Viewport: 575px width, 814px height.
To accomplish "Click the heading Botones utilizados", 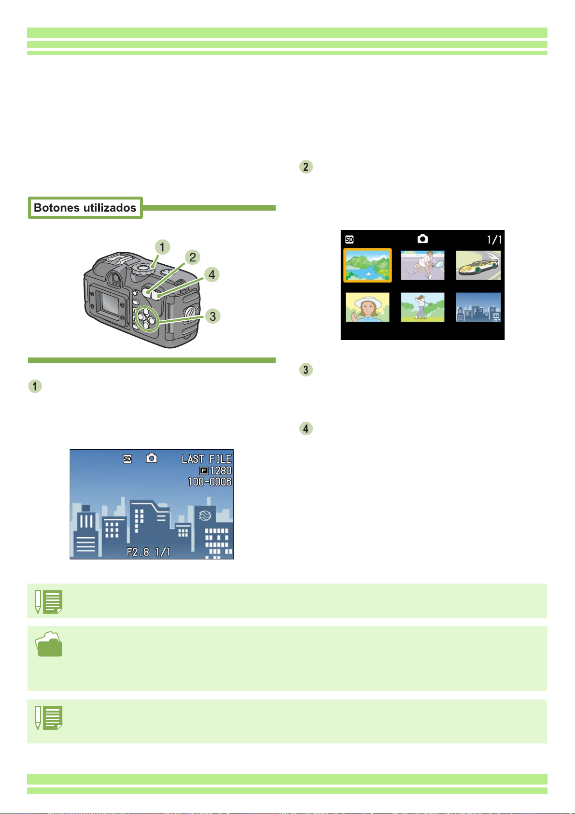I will (x=85, y=208).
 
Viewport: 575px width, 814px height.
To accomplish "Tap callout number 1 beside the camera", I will (x=162, y=247).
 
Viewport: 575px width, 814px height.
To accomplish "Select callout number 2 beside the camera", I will (x=193, y=257).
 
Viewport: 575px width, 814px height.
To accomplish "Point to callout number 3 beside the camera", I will (x=212, y=316).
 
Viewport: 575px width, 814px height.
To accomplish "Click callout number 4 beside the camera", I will (x=211, y=275).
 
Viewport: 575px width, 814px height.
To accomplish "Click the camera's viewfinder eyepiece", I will (x=114, y=278).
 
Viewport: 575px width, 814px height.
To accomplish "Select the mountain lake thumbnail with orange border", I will (x=367, y=265).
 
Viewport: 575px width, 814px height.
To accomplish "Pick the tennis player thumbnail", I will (x=422, y=265).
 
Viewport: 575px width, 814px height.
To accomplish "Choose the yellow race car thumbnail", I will (x=478, y=265).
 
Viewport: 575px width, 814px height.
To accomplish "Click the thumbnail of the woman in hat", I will (x=367, y=307).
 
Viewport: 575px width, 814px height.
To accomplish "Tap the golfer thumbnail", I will (x=422, y=307).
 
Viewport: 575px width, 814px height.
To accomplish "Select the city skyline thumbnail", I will (x=478, y=307).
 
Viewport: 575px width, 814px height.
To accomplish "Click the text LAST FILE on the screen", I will (x=206, y=459).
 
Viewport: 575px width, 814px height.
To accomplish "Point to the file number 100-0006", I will (x=210, y=482).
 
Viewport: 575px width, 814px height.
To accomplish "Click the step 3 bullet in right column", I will (x=306, y=370).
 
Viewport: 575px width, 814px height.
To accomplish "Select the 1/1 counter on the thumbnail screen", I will (x=494, y=240).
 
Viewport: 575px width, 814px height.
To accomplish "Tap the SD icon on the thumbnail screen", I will (x=349, y=240).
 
